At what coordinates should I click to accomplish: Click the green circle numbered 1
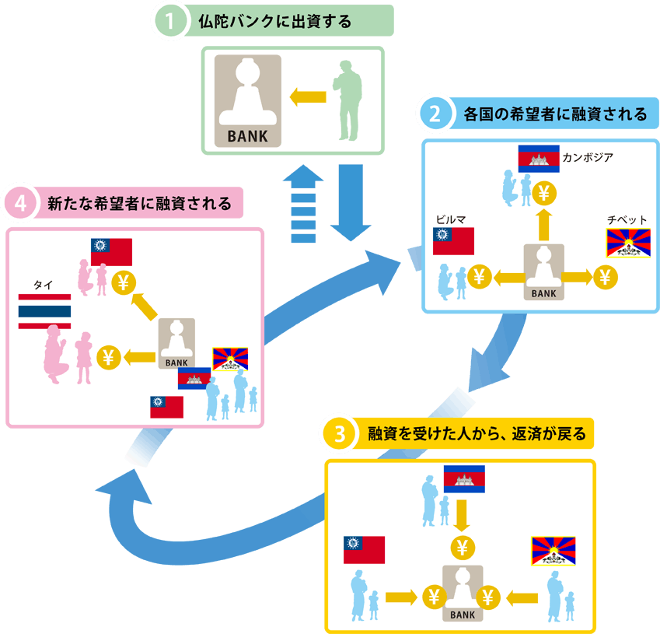[170, 21]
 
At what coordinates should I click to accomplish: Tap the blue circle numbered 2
[435, 114]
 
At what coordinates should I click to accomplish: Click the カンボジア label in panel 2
[588, 158]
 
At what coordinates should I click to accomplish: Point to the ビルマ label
[452, 219]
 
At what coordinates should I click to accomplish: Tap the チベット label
[627, 220]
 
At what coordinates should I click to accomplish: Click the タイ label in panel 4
[44, 285]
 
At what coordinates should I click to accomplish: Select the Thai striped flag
[44, 311]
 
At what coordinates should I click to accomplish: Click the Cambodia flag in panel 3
[464, 479]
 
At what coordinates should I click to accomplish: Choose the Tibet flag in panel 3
[553, 551]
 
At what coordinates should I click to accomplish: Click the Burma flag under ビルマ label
[453, 241]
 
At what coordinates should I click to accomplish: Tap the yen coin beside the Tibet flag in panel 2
[606, 276]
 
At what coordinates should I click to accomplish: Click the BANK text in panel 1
[246, 135]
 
